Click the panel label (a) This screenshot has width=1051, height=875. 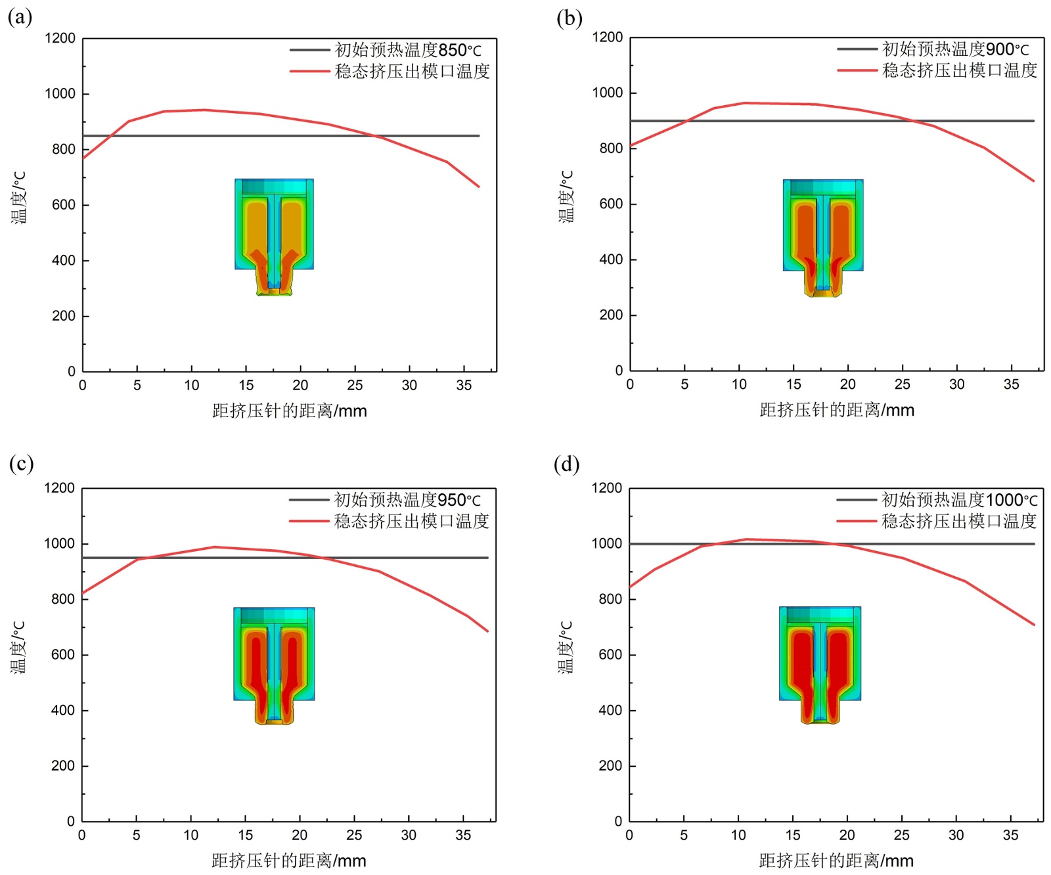[x=20, y=17]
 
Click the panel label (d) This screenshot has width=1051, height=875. [x=566, y=464]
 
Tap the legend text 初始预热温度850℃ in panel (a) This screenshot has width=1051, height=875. [x=408, y=50]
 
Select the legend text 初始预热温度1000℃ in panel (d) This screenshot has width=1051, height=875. [x=959, y=500]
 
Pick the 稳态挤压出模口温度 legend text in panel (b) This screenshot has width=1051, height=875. [x=959, y=70]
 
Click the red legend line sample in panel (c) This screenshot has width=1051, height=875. [x=309, y=521]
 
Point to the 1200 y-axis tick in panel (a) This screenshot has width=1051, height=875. [x=60, y=38]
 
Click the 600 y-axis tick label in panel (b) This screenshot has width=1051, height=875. [x=610, y=204]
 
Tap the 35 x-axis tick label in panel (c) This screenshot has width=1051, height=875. [x=463, y=835]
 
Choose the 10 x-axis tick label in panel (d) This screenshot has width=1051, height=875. [x=738, y=835]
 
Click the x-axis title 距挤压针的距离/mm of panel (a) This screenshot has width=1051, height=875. [x=289, y=411]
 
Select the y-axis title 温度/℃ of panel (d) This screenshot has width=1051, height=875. [x=566, y=647]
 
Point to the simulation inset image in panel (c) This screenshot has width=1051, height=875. [x=274, y=665]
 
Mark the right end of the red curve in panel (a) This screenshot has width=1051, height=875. [x=479, y=187]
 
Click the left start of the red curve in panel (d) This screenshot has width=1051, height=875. [x=630, y=587]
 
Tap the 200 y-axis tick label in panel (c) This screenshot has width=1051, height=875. [x=62, y=766]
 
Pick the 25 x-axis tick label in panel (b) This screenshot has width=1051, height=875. [x=902, y=384]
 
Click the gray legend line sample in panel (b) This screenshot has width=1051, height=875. [x=857, y=49]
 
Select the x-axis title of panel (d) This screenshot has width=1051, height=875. [x=836, y=861]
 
